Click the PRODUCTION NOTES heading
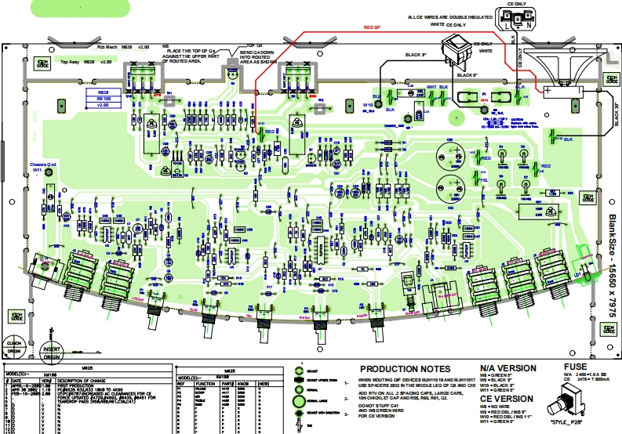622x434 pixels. [x=404, y=369]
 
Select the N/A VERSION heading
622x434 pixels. [x=507, y=368]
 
